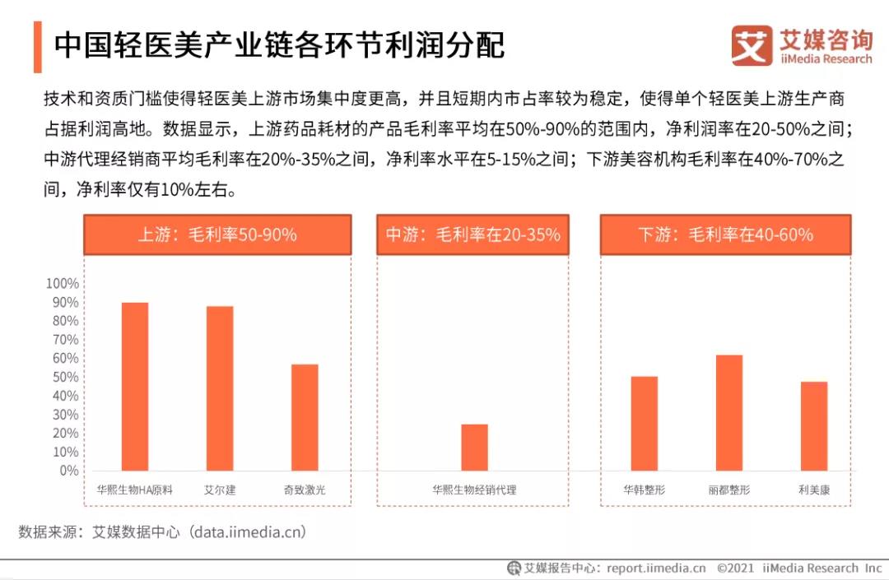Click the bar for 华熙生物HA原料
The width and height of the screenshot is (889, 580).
tap(135, 387)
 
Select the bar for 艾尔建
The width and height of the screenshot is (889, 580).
tap(220, 388)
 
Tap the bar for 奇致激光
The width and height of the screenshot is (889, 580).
tap(305, 417)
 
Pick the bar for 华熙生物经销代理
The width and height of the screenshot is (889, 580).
tap(474, 448)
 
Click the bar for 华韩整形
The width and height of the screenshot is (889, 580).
tap(644, 423)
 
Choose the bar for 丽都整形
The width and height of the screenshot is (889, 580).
tap(728, 412)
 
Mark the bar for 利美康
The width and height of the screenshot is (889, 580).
tap(813, 426)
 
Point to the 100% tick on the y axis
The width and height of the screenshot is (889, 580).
tap(62, 284)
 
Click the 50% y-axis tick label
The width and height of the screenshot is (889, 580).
tap(65, 378)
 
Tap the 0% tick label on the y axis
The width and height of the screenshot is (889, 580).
tap(68, 471)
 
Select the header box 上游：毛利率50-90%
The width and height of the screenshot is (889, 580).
tap(217, 234)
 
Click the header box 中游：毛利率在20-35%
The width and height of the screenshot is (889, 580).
tap(472, 234)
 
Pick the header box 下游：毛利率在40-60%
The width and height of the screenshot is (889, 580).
tap(725, 234)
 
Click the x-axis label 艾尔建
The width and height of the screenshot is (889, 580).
tap(220, 490)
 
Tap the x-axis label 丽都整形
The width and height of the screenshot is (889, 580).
tap(728, 490)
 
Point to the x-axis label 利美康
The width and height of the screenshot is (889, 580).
tap(813, 490)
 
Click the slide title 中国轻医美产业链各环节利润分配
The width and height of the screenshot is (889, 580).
tap(279, 46)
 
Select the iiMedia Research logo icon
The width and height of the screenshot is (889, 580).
tap(752, 46)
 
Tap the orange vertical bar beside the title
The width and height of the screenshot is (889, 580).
tap(38, 47)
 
